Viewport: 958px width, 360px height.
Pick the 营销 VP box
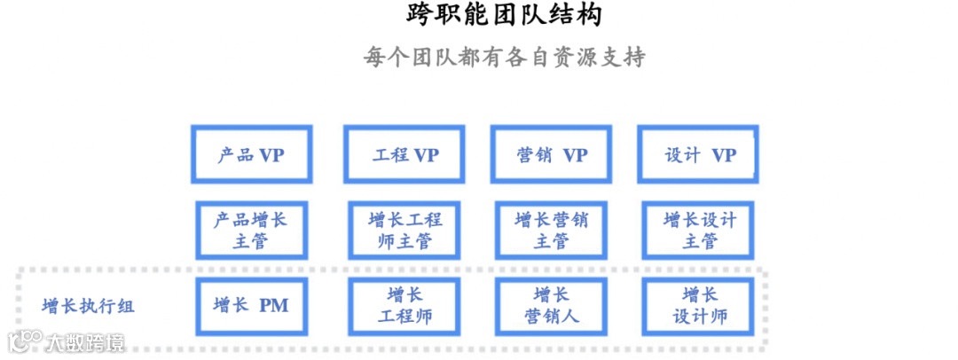tap(552, 155)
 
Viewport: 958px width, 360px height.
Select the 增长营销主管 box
tap(552, 230)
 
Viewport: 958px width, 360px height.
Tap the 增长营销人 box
tap(552, 306)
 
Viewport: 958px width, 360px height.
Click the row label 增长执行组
tap(89, 307)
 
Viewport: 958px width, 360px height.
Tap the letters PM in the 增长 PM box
tap(274, 306)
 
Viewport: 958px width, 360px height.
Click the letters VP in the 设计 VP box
tap(724, 155)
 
